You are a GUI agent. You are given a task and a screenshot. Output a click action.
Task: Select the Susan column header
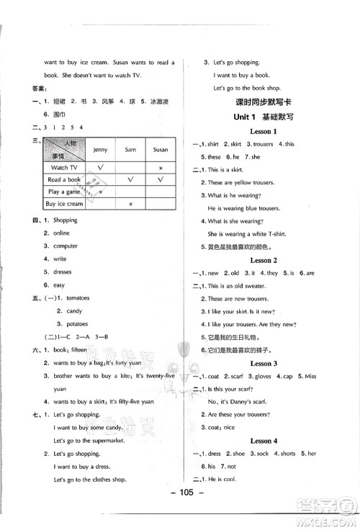pos(161,150)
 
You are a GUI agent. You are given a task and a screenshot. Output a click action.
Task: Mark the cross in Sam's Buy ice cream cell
pos(130,205)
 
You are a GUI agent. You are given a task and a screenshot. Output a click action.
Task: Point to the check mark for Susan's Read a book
pos(161,179)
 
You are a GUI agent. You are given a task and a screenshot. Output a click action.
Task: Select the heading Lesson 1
pos(264,131)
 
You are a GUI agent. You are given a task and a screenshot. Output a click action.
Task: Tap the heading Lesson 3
pos(264,364)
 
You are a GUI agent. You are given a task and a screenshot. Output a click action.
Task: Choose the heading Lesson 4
pos(264,441)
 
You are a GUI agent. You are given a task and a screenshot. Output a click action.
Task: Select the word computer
pos(65,246)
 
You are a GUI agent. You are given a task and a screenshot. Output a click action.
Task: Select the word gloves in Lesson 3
pos(276,377)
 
